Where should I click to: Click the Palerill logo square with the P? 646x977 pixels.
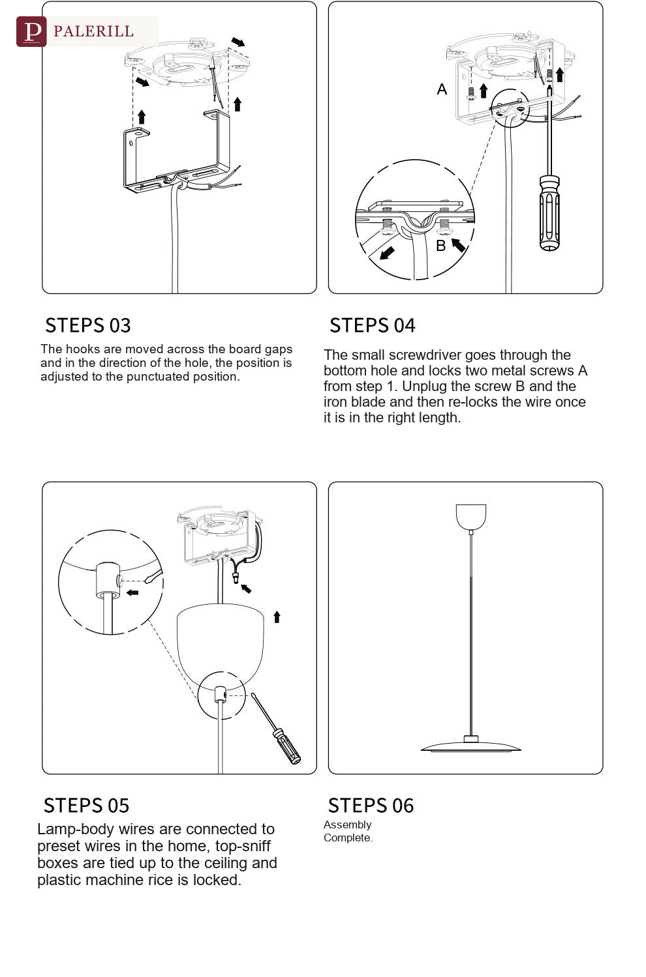[x=31, y=31]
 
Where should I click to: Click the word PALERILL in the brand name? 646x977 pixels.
[x=93, y=31]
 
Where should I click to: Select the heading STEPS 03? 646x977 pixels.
[x=88, y=325]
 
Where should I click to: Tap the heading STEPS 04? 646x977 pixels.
[x=372, y=325]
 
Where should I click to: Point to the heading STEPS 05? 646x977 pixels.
[x=87, y=805]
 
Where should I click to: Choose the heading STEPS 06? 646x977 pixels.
[x=371, y=805]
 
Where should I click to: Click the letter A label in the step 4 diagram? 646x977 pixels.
[x=442, y=89]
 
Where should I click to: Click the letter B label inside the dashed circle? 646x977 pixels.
[x=441, y=246]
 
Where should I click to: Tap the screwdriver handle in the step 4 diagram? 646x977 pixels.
[x=550, y=213]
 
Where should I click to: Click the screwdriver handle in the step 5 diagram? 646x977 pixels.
[x=286, y=746]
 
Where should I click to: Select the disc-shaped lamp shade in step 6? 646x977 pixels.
[x=471, y=746]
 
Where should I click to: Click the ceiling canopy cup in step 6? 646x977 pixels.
[x=471, y=516]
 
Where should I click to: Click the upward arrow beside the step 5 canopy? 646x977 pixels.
[x=277, y=617]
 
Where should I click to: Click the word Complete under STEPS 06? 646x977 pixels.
[x=348, y=838]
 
